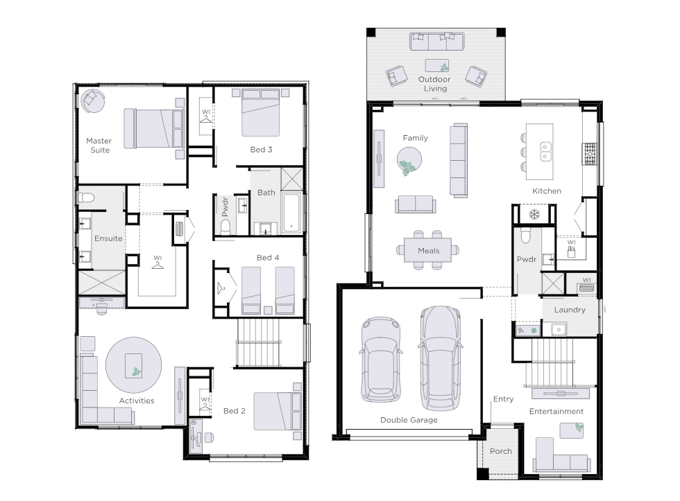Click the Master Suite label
coord(99,146)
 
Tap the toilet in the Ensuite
coord(86,198)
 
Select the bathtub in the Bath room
coord(291,213)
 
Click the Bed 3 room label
coord(261,150)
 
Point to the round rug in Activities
coord(133,365)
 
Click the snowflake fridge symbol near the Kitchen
coord(534,214)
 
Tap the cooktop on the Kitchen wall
coord(589,155)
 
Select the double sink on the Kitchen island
coord(545,152)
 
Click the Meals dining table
coord(428,250)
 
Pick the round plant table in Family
coord(409,160)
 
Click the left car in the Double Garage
coord(381,359)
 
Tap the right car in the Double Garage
coord(440,358)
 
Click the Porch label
coord(501,451)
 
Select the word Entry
coord(503,399)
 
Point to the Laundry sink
coord(559,330)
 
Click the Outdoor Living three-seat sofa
coord(436,41)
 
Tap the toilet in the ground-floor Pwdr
coord(526,236)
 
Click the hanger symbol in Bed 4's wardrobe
coord(222,287)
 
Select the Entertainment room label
coord(556,412)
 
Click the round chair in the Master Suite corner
coord(92,101)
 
